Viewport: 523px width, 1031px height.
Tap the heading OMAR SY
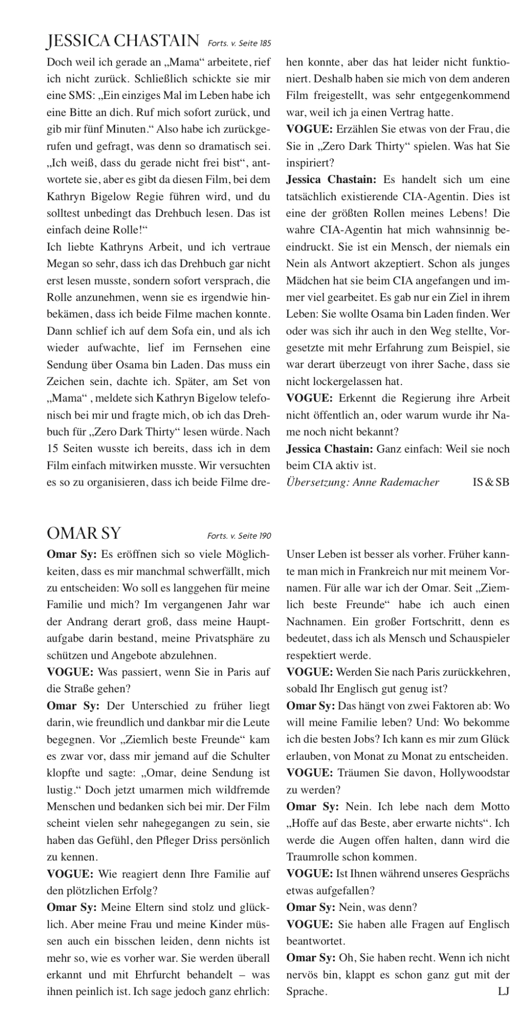[84, 533]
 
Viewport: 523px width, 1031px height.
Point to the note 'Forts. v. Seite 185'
[239, 42]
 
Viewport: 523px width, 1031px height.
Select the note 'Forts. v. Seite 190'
[238, 536]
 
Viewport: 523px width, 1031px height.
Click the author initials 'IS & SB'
[491, 482]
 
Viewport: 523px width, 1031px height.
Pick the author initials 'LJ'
[503, 991]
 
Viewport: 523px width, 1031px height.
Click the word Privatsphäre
[224, 638]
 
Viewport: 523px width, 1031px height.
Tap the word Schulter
[250, 756]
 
